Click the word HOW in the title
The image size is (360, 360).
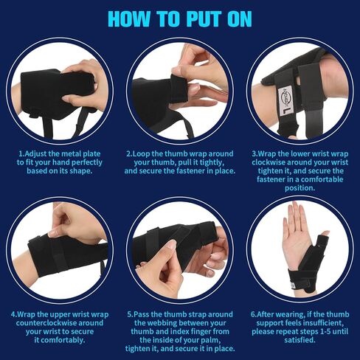(129, 19)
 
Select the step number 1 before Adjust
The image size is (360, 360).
(21, 154)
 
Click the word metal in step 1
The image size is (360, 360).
(72, 154)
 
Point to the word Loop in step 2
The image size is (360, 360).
(142, 154)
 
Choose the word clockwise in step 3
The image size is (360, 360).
(269, 162)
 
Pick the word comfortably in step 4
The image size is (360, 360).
(62, 340)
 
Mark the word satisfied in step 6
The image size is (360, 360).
(299, 340)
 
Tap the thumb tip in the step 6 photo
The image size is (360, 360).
(326, 232)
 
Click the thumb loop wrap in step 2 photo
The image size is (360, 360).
(179, 89)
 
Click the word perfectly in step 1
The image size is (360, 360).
(87, 162)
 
